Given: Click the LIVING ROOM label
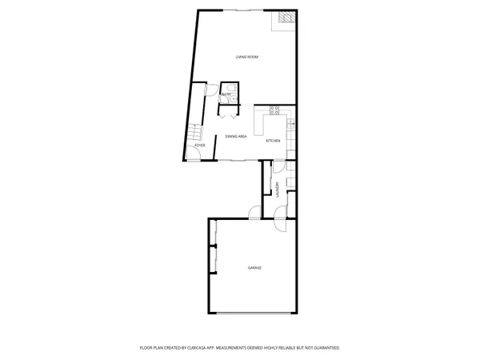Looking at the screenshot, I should tap(246, 57).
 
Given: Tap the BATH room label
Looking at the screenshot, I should tap(226, 94).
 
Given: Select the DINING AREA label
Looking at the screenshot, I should tap(235, 137).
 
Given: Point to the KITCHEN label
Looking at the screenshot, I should tap(273, 141).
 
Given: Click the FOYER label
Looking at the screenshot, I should tap(200, 146).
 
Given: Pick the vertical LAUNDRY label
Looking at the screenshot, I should tap(277, 190).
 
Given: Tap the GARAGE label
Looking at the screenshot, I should tap(254, 267).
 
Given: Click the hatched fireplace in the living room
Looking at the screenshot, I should tap(286, 19).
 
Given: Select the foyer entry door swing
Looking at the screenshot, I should tap(195, 156).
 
